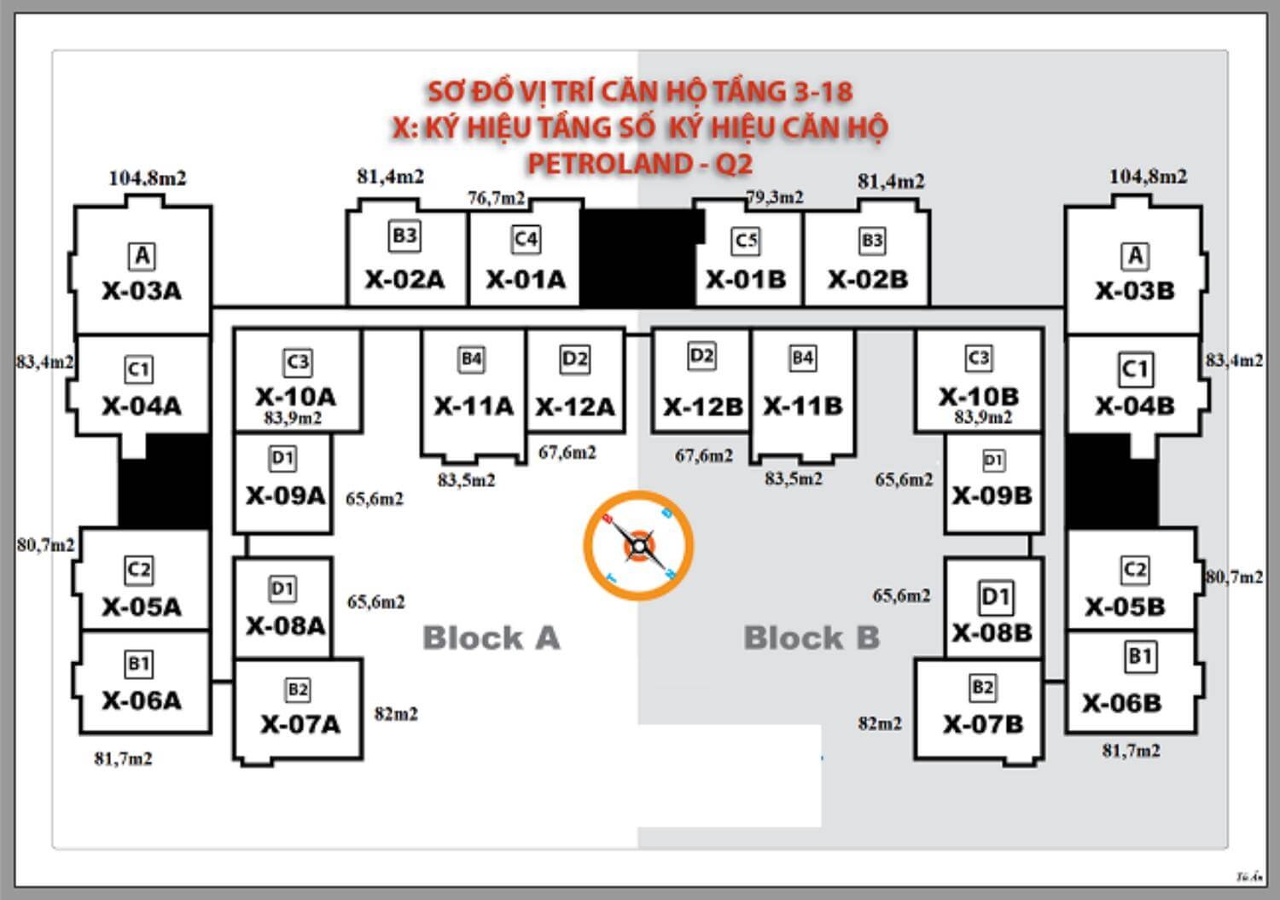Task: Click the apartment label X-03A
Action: point(142,291)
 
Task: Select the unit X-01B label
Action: point(746,280)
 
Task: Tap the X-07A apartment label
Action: point(300,724)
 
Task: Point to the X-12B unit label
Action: point(702,406)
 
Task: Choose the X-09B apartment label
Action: point(992,496)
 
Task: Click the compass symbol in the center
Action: point(638,546)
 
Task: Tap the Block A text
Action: point(492,637)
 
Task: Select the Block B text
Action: point(812,637)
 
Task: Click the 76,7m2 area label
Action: point(496,198)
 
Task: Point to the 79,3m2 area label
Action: point(775,197)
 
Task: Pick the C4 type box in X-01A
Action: point(526,239)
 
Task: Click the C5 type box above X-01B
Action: point(746,241)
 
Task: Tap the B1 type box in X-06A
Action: point(138,664)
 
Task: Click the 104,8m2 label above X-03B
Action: point(1148,177)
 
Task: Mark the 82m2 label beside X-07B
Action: point(880,723)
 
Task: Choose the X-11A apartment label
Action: point(474,406)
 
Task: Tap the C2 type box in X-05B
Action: point(1134,570)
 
